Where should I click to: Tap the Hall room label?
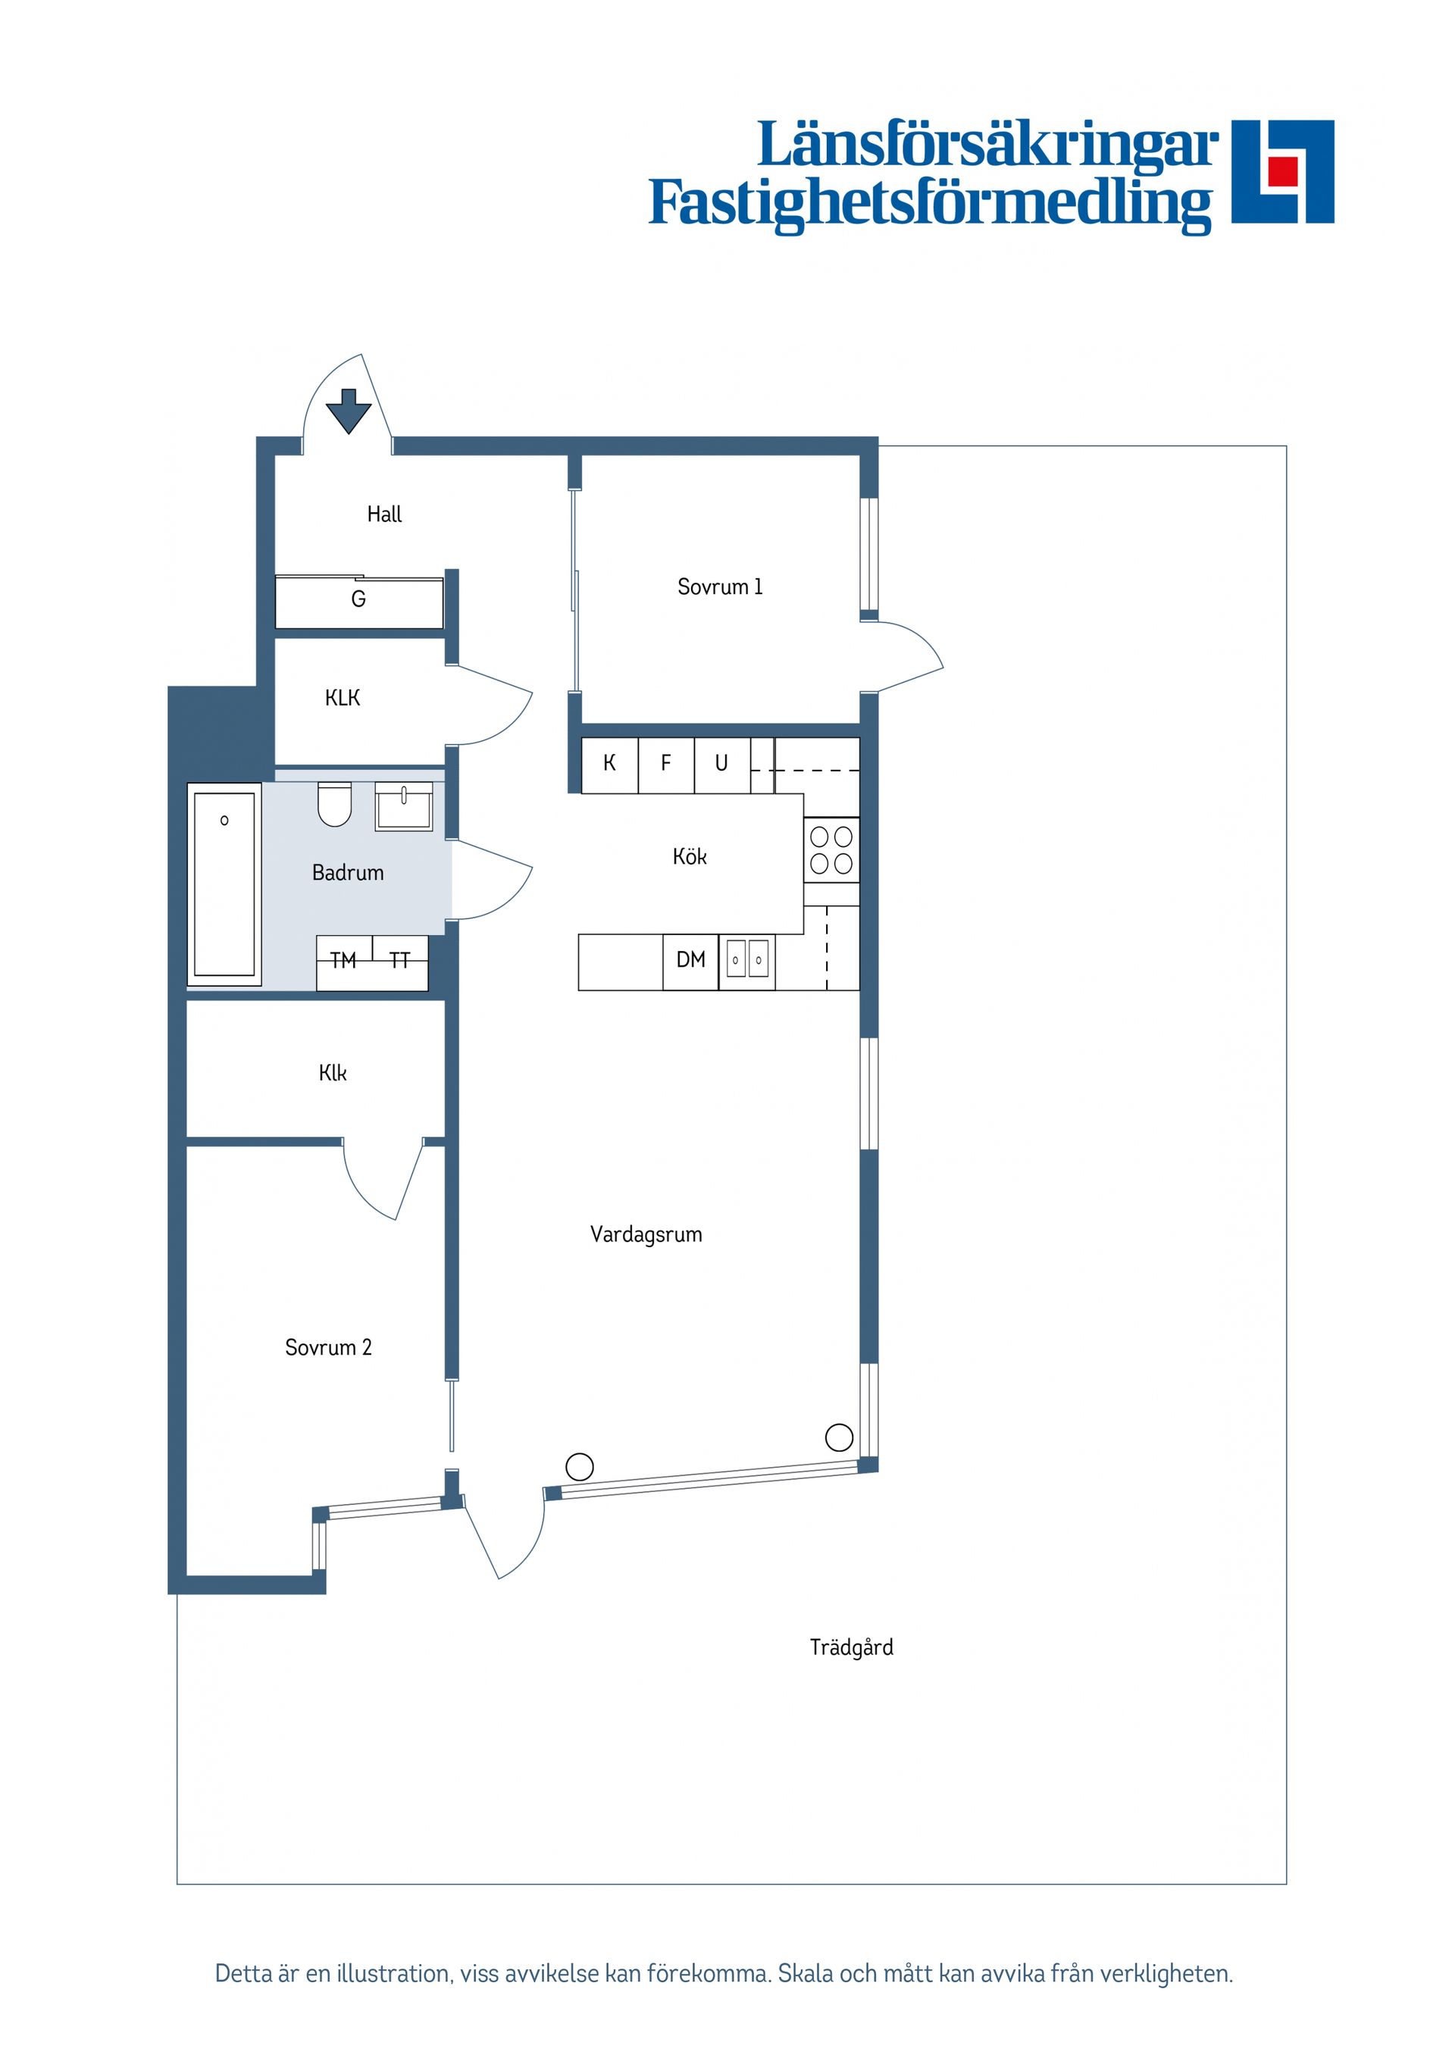[383, 514]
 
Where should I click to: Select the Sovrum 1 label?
[719, 587]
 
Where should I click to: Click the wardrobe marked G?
[358, 599]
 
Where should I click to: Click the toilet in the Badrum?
[334, 804]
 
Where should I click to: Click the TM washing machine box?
[343, 962]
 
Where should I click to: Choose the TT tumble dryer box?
[400, 962]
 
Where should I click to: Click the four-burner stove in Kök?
[831, 849]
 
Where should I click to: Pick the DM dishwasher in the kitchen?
[690, 961]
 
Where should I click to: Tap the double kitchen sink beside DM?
[746, 961]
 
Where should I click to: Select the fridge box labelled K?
[609, 764]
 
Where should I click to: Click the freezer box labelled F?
[665, 764]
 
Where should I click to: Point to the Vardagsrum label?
[646, 1235]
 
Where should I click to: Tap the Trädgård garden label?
[851, 1647]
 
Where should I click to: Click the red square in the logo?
[1282, 170]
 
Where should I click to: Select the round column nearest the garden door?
[580, 1466]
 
